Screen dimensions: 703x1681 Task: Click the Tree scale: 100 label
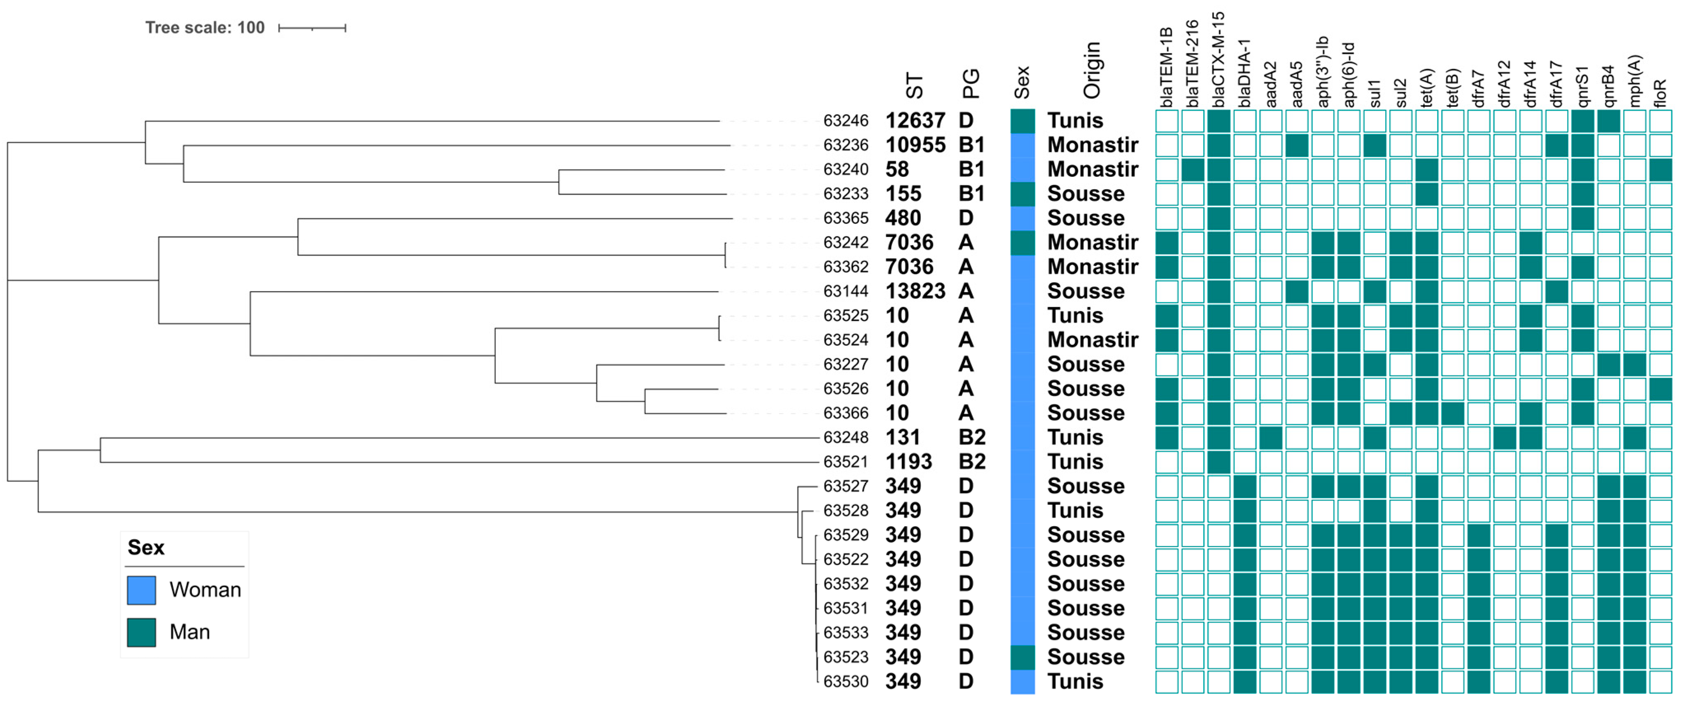tap(204, 28)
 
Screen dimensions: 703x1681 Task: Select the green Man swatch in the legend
tap(141, 632)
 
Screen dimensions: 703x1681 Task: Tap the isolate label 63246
tap(846, 121)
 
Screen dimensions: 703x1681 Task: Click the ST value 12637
tap(915, 121)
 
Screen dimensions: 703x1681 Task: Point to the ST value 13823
tap(915, 291)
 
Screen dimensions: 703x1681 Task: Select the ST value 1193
tap(908, 462)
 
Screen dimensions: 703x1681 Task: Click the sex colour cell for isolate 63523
tap(1023, 657)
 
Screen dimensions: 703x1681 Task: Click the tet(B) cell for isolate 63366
tap(1452, 413)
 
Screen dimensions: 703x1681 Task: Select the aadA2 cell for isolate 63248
tap(1270, 437)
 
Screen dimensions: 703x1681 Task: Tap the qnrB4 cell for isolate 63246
tap(1609, 121)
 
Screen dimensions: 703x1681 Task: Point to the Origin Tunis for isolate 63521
tap(1075, 462)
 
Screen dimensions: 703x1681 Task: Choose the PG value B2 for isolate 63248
tap(972, 437)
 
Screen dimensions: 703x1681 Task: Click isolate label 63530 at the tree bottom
tap(846, 682)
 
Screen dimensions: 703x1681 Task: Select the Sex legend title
tap(146, 547)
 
